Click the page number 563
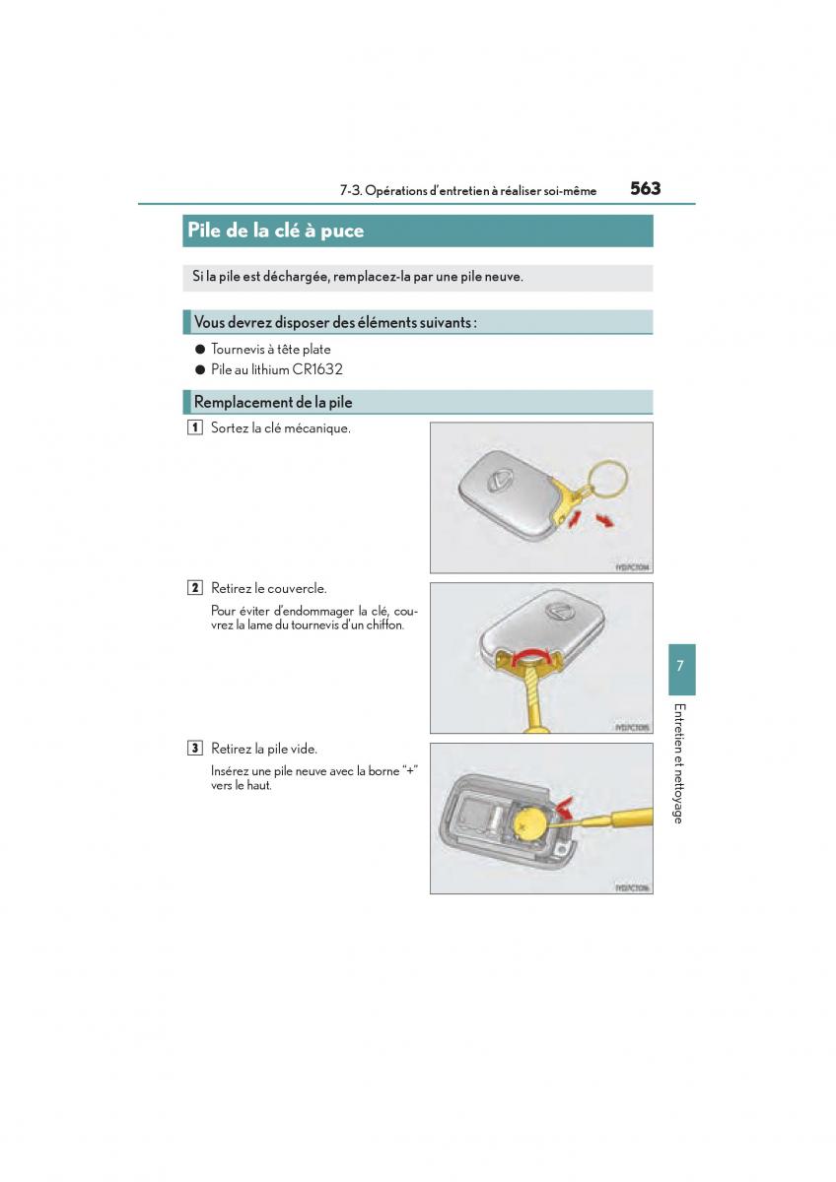pos(645,188)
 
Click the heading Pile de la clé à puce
pos(275,230)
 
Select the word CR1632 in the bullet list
pos(317,369)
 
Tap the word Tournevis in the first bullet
pos(238,349)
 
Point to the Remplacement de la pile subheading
pos(273,402)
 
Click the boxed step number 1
pos(195,427)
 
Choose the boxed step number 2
pos(195,588)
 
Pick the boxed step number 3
pos(195,749)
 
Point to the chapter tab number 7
pos(680,667)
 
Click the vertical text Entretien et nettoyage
pos(678,763)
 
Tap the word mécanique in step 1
pos(316,427)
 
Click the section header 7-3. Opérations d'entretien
pos(467,191)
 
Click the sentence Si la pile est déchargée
pos(358,277)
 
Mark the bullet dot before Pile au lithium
pos(199,369)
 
